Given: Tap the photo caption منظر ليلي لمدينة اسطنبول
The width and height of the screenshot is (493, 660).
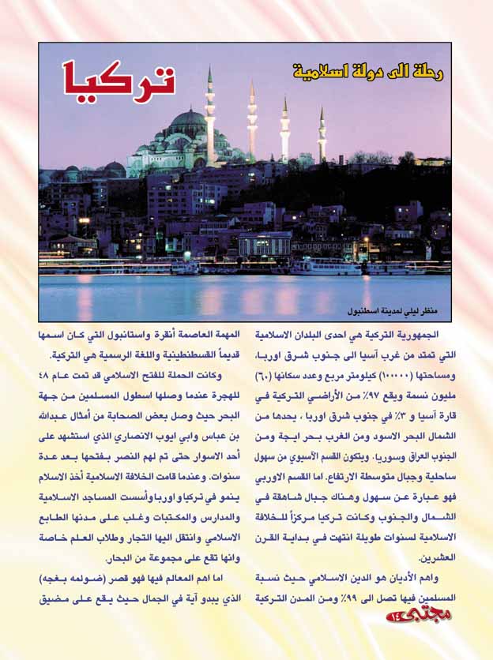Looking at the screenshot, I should [x=397, y=303].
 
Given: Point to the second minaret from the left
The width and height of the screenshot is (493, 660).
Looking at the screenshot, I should [x=252, y=122].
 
